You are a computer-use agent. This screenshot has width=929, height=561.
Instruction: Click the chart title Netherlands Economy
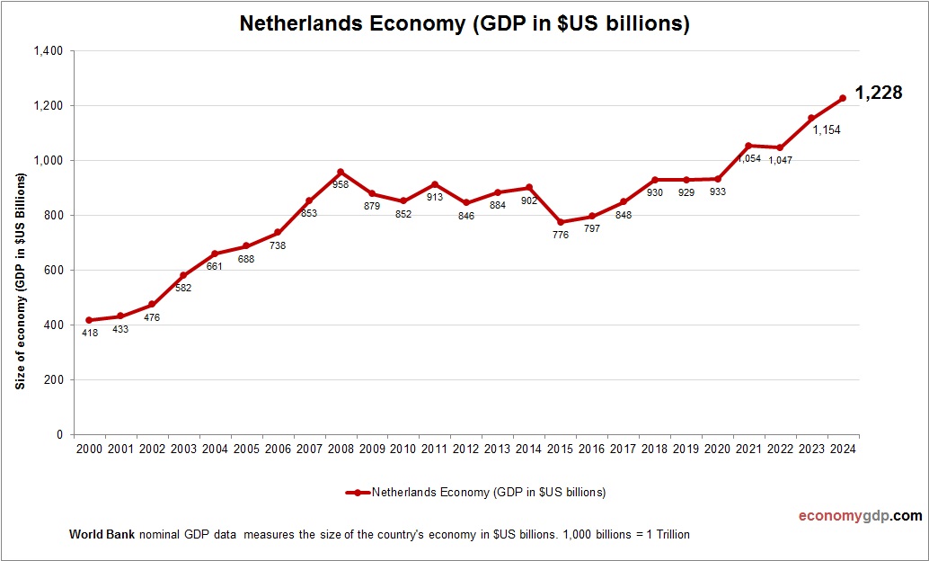pyautogui.click(x=464, y=24)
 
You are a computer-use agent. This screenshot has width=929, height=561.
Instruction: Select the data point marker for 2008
pyautogui.click(x=340, y=172)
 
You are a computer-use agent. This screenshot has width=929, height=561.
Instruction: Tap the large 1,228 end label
pyautogui.click(x=878, y=93)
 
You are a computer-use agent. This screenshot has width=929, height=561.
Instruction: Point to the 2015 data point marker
pyautogui.click(x=561, y=222)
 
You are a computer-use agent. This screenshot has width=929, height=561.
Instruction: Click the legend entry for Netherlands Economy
pyautogui.click(x=477, y=492)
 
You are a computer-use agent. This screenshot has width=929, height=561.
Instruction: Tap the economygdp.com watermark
pyautogui.click(x=860, y=516)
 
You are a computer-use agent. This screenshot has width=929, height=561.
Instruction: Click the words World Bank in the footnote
pyautogui.click(x=102, y=534)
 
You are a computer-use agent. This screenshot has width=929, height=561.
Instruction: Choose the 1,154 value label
pyautogui.click(x=826, y=130)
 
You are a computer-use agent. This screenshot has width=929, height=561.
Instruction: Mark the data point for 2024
pyautogui.click(x=843, y=98)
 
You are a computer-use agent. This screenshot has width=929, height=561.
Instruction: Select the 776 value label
pyautogui.click(x=561, y=236)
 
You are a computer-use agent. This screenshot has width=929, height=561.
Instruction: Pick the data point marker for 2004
pyautogui.click(x=214, y=254)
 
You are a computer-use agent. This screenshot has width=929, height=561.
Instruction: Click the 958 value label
pyautogui.click(x=340, y=184)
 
